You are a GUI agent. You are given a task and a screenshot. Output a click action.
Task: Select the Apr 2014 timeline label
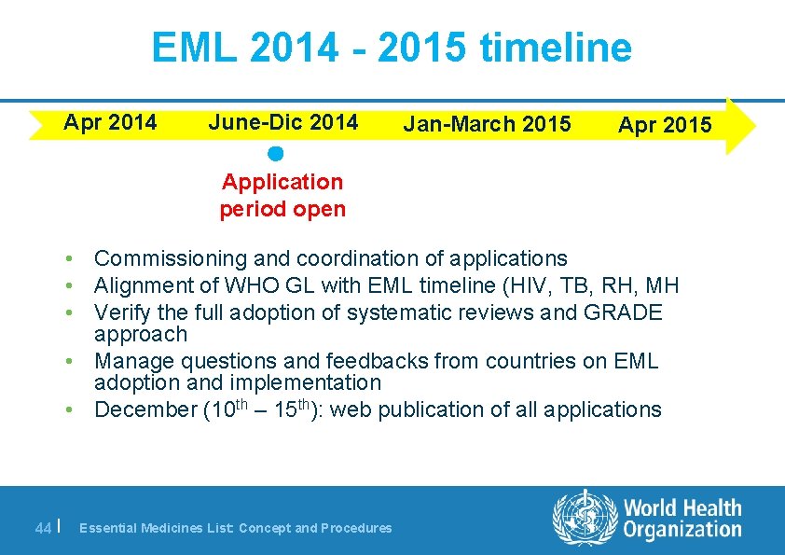pyautogui.click(x=110, y=122)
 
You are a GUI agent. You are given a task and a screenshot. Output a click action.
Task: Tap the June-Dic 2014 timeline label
pyautogui.click(x=283, y=122)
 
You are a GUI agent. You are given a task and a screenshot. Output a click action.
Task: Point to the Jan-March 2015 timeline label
pyautogui.click(x=487, y=125)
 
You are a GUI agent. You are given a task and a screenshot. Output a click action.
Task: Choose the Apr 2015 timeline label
pyautogui.click(x=665, y=125)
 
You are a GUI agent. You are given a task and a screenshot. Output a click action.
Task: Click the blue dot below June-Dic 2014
pyautogui.click(x=274, y=153)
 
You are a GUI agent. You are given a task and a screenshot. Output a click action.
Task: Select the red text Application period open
pyautogui.click(x=282, y=196)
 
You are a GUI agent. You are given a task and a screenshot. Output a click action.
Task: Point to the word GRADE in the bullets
pyautogui.click(x=623, y=312)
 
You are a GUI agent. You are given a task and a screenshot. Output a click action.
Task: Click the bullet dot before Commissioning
pyautogui.click(x=70, y=258)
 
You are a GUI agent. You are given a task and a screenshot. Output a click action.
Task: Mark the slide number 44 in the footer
pyautogui.click(x=43, y=528)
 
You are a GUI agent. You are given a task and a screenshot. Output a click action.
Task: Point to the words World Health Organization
pyautogui.click(x=682, y=519)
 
